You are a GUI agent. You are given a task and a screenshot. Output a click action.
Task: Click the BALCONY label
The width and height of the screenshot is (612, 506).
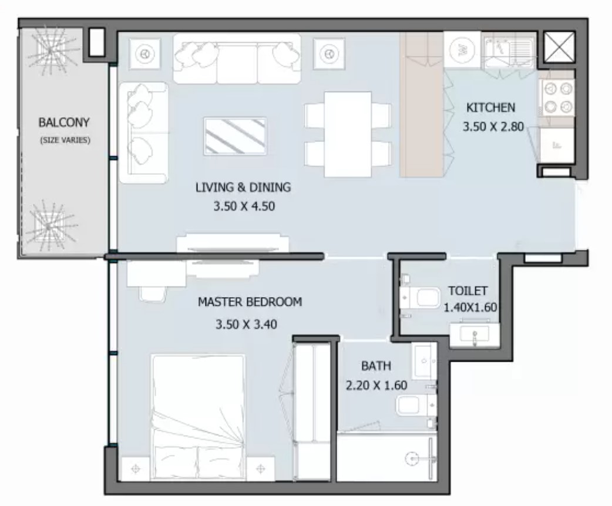[64, 123]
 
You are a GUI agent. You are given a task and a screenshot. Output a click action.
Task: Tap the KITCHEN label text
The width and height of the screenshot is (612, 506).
[490, 107]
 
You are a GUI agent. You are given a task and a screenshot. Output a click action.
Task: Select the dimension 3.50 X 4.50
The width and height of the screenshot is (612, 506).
[244, 206]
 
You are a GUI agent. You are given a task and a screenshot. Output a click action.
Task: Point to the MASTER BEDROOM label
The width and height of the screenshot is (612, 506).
[250, 302]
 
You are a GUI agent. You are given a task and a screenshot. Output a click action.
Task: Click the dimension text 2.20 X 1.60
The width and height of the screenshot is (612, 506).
[376, 385]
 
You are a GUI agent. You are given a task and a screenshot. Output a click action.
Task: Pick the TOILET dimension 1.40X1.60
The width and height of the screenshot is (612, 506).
[470, 307]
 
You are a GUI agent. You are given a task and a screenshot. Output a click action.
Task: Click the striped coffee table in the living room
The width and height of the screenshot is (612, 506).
[236, 136]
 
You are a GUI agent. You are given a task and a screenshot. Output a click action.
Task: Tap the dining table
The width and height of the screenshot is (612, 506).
[348, 134]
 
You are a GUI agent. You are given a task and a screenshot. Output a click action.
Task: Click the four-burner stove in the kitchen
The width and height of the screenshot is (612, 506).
[557, 97]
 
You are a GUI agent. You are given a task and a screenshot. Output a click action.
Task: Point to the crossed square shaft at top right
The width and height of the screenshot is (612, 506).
[559, 47]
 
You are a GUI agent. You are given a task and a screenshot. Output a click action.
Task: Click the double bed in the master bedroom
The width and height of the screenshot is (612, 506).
[199, 417]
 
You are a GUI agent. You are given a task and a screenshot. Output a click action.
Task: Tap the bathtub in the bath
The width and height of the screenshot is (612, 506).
[386, 457]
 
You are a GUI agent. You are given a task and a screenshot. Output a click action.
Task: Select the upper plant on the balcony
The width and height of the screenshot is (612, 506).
[51, 50]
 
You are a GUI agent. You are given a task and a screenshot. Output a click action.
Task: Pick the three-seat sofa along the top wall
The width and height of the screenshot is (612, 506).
[237, 59]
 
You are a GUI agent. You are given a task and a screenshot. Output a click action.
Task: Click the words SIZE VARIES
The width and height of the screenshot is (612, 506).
[65, 140]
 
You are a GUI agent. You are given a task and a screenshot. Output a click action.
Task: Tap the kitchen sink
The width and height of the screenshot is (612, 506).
[508, 50]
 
